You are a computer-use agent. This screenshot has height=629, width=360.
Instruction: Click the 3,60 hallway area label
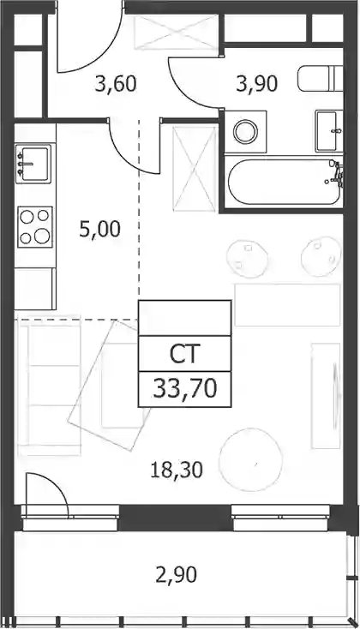(116, 84)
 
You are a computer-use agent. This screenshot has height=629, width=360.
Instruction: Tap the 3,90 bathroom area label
(257, 84)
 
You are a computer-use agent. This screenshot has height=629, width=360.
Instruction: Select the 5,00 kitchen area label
(100, 230)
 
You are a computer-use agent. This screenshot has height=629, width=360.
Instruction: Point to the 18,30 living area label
(177, 470)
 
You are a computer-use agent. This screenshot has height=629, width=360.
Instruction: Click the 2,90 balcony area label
(177, 575)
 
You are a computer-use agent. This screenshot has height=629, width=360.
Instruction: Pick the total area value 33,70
(185, 389)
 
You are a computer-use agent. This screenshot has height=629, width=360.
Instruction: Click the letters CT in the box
(184, 354)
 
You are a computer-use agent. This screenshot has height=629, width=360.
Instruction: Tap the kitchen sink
(33, 164)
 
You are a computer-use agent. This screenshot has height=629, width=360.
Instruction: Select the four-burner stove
(35, 226)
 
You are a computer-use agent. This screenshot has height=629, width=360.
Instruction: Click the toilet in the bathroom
(321, 79)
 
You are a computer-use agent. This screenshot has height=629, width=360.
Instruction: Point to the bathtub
(285, 183)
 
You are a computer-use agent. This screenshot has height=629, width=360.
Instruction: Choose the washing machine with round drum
(245, 131)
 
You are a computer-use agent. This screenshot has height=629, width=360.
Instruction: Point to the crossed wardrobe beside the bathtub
(195, 169)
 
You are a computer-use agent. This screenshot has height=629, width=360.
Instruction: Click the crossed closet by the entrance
(177, 32)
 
